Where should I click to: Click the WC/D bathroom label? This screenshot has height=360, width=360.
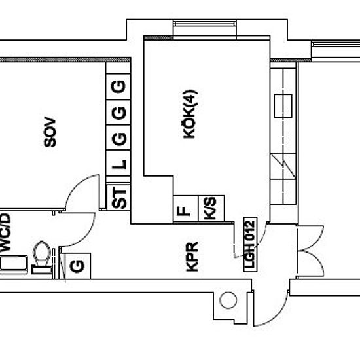coord(7,231)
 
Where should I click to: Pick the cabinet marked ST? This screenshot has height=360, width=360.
coord(120,198)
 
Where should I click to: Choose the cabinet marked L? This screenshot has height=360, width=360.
coord(120,164)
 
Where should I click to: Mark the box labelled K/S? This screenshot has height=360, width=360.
coord(210,210)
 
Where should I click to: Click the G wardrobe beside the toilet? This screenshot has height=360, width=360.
coord(76,265)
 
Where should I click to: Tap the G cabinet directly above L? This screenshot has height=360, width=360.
coord(120,138)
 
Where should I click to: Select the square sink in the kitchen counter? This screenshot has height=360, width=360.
coord(285,104)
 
